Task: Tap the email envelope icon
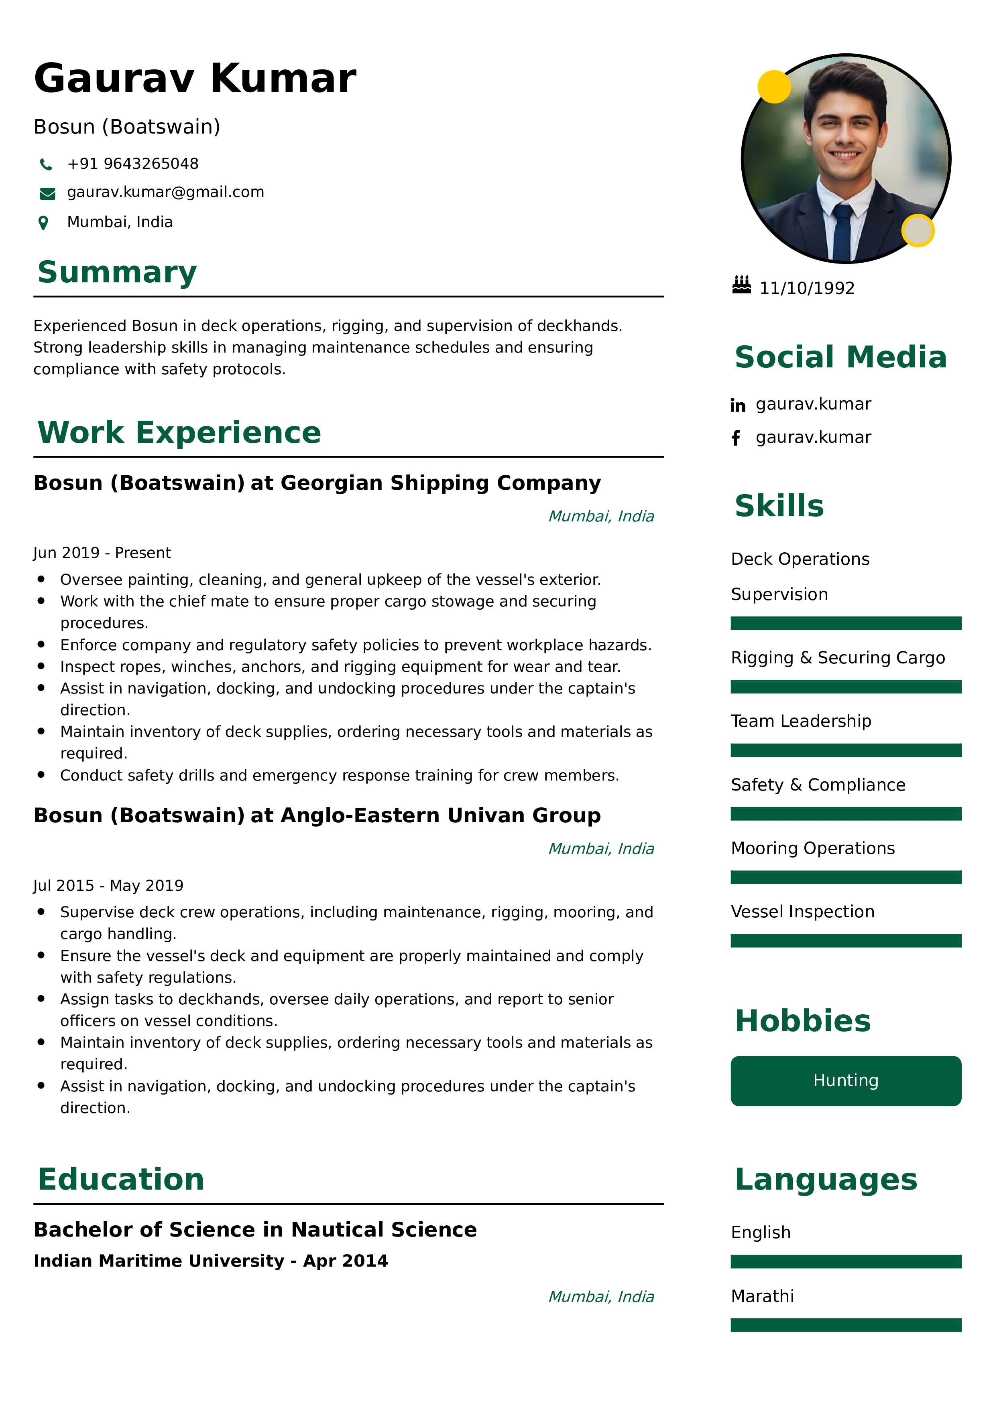pos(47,194)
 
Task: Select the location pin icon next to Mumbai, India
pos(43,223)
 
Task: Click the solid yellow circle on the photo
pos(774,86)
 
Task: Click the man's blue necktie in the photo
pos(842,233)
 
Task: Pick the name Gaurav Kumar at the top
pos(195,79)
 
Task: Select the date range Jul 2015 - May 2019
pos(108,886)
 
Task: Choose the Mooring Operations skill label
pos(812,848)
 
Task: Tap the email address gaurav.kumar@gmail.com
pos(165,193)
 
